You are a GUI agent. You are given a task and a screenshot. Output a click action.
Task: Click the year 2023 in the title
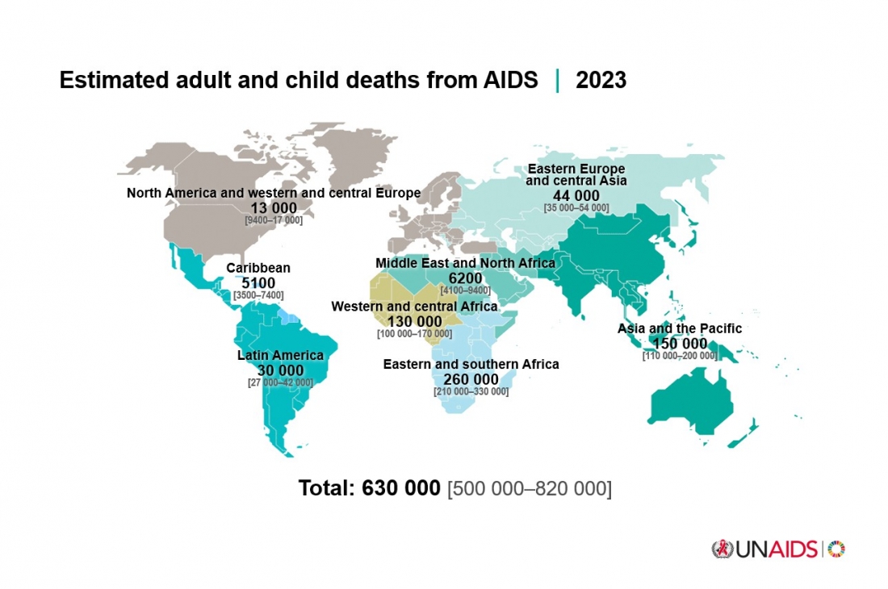coord(601,81)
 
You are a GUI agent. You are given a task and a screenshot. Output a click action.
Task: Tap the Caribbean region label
coord(258,268)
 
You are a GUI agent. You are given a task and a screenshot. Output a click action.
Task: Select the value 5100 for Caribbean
coord(258,283)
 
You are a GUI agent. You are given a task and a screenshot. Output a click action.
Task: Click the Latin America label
coord(280,355)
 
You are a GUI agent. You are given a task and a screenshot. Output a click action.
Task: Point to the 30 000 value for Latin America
coord(280,370)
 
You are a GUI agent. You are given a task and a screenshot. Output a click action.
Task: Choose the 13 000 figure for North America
coord(274,208)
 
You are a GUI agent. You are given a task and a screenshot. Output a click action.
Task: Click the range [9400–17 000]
coord(274,219)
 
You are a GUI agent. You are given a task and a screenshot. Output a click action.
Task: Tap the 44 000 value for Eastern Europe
coord(576,196)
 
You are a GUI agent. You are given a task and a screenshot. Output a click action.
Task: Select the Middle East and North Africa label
coord(465,263)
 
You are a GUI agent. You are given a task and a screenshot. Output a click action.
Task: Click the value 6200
coord(465,278)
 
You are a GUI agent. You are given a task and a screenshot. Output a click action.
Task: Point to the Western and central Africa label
coord(414,307)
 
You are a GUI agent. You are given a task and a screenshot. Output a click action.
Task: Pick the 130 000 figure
coord(414,322)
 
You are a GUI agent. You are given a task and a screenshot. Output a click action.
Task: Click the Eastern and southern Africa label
coord(471,365)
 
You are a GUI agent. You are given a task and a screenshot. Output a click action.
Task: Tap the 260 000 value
coord(471,380)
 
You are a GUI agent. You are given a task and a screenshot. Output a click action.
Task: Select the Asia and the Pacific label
coord(679,328)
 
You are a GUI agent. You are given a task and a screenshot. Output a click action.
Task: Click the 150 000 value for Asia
coord(679,344)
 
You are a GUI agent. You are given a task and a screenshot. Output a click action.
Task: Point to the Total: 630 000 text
coord(369,488)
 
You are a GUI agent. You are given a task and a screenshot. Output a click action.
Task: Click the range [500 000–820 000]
coord(529,489)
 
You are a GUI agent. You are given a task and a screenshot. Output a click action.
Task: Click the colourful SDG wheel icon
coord(836,549)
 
